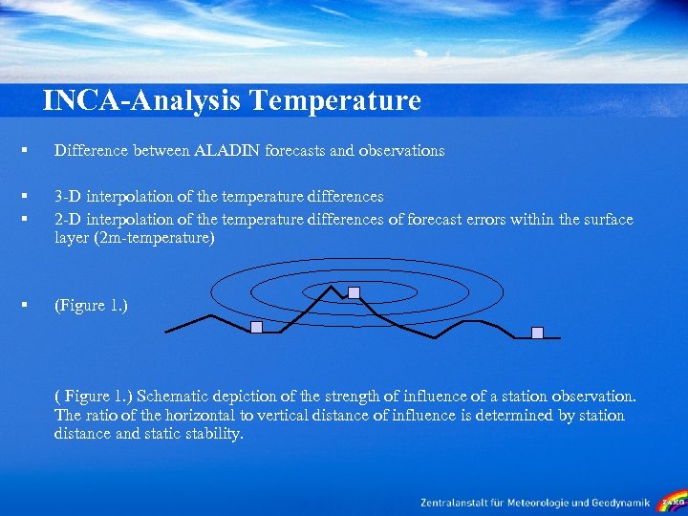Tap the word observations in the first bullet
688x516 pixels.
pyautogui.click(x=400, y=150)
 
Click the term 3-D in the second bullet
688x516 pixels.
pyautogui.click(x=68, y=196)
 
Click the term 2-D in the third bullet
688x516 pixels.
pyautogui.click(x=68, y=219)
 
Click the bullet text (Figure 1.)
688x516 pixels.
pyautogui.click(x=91, y=305)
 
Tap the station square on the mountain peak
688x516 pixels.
pyautogui.click(x=354, y=291)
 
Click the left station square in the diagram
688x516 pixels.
pyautogui.click(x=256, y=327)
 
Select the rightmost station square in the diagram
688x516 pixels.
pyautogui.click(x=537, y=332)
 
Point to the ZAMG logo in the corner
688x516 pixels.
pyautogui.click(x=673, y=501)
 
